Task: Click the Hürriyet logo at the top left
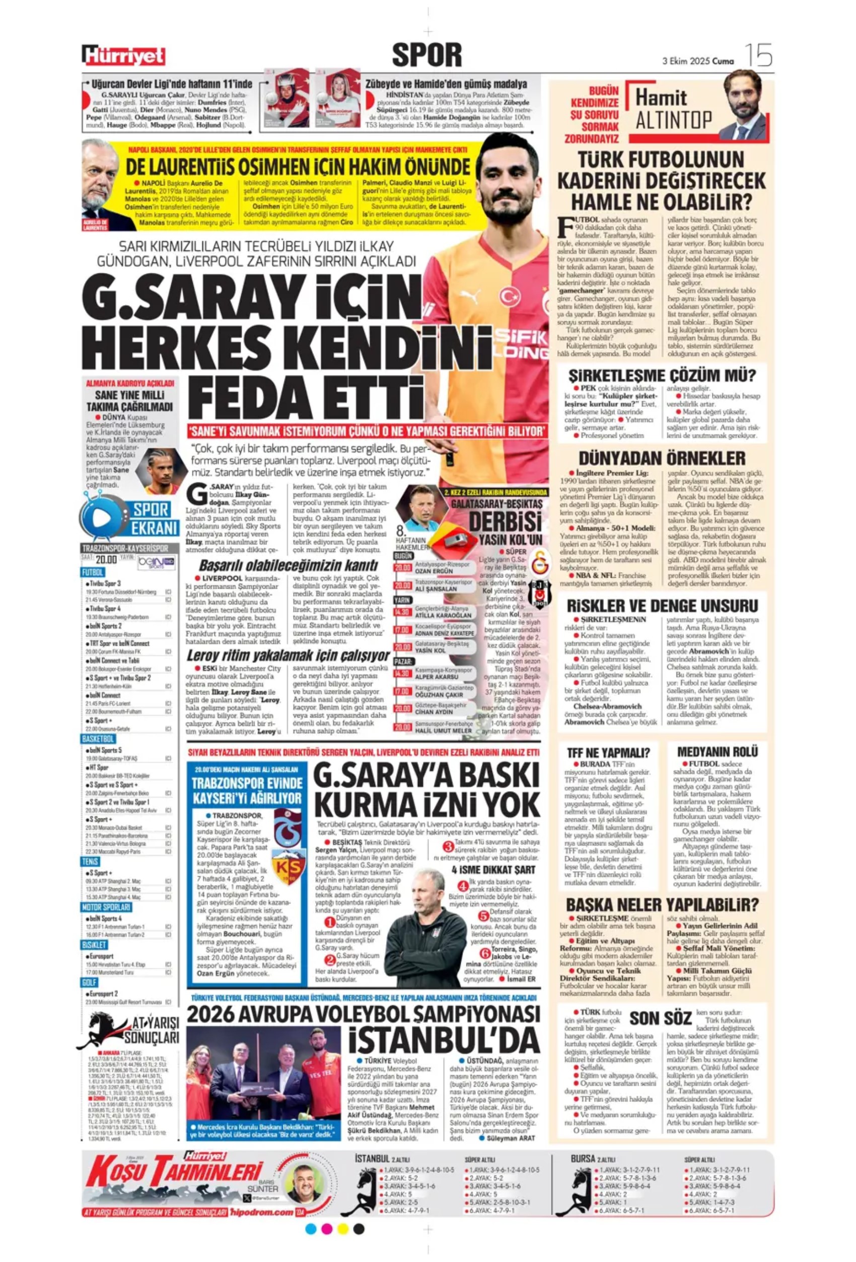tap(123, 55)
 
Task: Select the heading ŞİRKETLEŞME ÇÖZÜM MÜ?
tap(662, 375)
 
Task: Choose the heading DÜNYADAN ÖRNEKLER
tap(662, 458)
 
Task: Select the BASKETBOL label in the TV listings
tap(98, 739)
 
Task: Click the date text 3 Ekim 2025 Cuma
tap(698, 61)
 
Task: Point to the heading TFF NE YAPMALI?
tap(607, 753)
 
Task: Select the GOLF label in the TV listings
tap(90, 983)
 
